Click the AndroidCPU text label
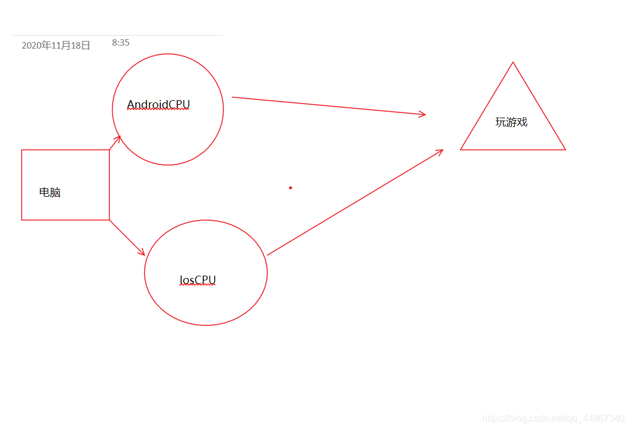pos(159,105)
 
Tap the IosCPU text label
pos(198,280)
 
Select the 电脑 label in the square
pos(50,192)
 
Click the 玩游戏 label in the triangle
pos(511,122)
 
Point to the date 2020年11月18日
pos(56,46)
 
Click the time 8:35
pos(121,43)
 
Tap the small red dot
pos(291,188)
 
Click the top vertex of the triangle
pos(512,62)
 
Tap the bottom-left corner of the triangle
pos(460,150)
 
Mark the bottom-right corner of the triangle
pos(565,150)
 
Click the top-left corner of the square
pos(22,150)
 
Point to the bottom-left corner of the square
pos(22,220)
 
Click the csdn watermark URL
pos(553,418)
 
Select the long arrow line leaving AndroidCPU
pos(329,106)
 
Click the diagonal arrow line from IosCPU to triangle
pos(355,203)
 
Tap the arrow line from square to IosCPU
pos(127,238)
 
